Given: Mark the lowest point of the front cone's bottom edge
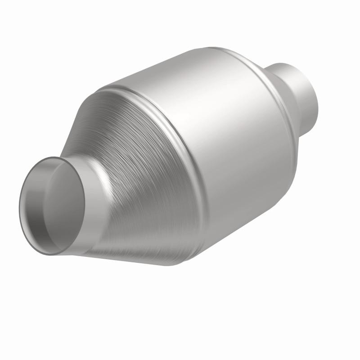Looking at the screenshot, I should pos(162,265).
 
